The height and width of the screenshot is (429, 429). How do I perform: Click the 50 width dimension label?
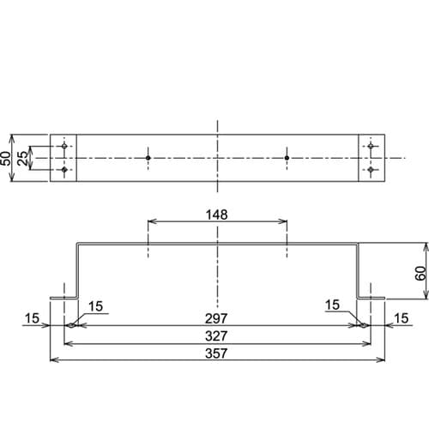point(7,158)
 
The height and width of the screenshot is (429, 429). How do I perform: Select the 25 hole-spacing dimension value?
point(24,159)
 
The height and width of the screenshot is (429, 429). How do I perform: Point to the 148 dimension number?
point(217,214)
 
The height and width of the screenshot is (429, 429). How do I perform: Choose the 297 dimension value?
point(217,318)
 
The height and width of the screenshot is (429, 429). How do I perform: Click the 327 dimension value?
point(217,335)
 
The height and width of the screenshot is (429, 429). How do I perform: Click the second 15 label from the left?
point(95,306)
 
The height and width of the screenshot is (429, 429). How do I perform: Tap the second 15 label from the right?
point(334,306)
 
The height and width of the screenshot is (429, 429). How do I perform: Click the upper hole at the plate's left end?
point(64,148)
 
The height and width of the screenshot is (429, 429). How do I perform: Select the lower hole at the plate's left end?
point(64,170)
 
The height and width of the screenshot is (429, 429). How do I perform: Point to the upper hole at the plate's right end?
point(371,148)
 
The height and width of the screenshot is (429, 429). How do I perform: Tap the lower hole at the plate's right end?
point(371,170)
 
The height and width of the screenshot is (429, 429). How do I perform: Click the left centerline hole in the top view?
point(148,159)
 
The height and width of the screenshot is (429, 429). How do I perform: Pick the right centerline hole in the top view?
point(287,159)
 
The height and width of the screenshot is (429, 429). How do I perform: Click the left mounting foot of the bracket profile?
point(64,298)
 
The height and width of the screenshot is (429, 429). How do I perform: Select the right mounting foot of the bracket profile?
point(371,298)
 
